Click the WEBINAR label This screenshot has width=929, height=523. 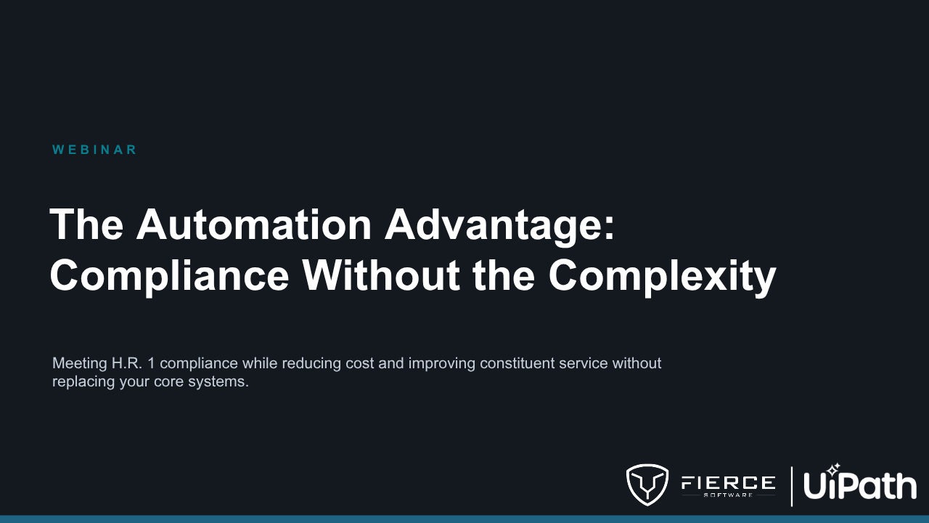coord(94,150)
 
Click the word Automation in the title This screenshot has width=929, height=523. coord(254,224)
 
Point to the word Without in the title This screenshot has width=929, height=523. coord(381,275)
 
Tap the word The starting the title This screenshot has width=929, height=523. coord(86,224)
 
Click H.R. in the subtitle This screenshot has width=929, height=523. coord(127,363)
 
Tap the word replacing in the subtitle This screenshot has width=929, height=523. coord(83,382)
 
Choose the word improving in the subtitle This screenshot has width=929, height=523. coord(442,364)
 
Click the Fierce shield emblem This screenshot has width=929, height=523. coord(647,485)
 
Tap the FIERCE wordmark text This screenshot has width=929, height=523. coord(728,483)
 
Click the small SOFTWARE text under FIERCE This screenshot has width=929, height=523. coord(728,495)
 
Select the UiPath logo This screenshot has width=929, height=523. coord(860,482)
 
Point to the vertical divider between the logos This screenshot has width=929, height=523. coord(792,487)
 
